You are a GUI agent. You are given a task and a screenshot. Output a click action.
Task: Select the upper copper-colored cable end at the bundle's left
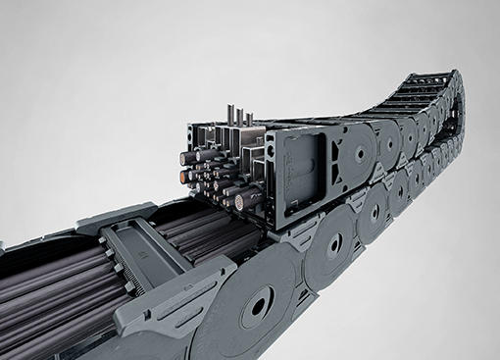tap(183, 156)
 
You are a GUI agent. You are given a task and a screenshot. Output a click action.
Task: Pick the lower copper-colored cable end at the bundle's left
tap(184, 178)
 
